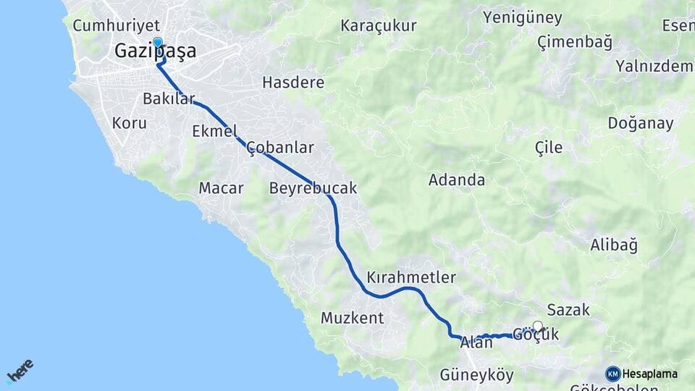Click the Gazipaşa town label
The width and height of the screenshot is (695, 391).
155,51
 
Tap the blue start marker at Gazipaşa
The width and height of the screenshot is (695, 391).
157,43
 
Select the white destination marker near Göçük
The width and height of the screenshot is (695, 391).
537,326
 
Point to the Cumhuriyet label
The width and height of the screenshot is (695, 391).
106,25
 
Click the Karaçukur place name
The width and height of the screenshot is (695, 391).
379,26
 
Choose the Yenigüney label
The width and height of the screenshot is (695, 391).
523,17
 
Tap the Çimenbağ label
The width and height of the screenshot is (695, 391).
575,42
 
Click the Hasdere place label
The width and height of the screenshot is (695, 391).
293,82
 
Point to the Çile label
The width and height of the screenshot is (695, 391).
548,148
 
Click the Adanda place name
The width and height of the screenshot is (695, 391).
457,180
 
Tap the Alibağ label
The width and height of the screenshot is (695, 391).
614,245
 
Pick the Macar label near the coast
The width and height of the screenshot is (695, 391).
221,188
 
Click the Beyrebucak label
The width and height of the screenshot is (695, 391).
313,188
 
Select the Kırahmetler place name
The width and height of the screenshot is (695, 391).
411,277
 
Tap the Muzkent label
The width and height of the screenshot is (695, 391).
352,317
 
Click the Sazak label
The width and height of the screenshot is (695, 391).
568,310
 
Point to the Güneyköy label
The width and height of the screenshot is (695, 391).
476,375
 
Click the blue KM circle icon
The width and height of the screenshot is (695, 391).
613,374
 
